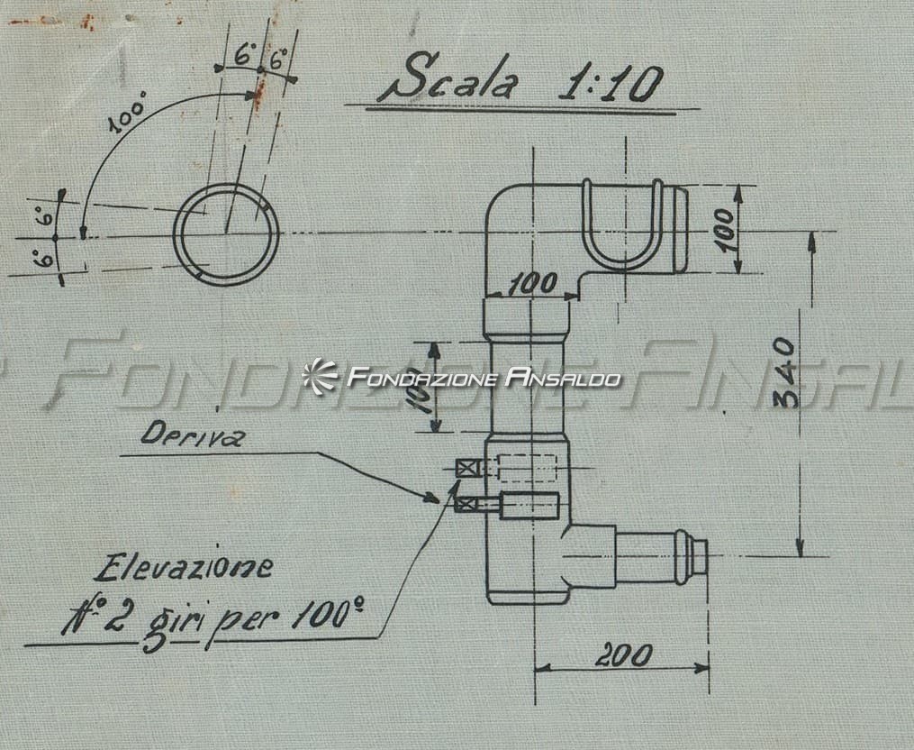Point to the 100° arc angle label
tap(128, 115)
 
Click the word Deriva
tap(192, 434)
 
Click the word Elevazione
tap(183, 568)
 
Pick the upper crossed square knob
tap(467, 468)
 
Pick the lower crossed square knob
tap(466, 504)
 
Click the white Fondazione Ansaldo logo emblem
tap(320, 376)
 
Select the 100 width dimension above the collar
tap(533, 284)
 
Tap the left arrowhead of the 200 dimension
tap(543, 667)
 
